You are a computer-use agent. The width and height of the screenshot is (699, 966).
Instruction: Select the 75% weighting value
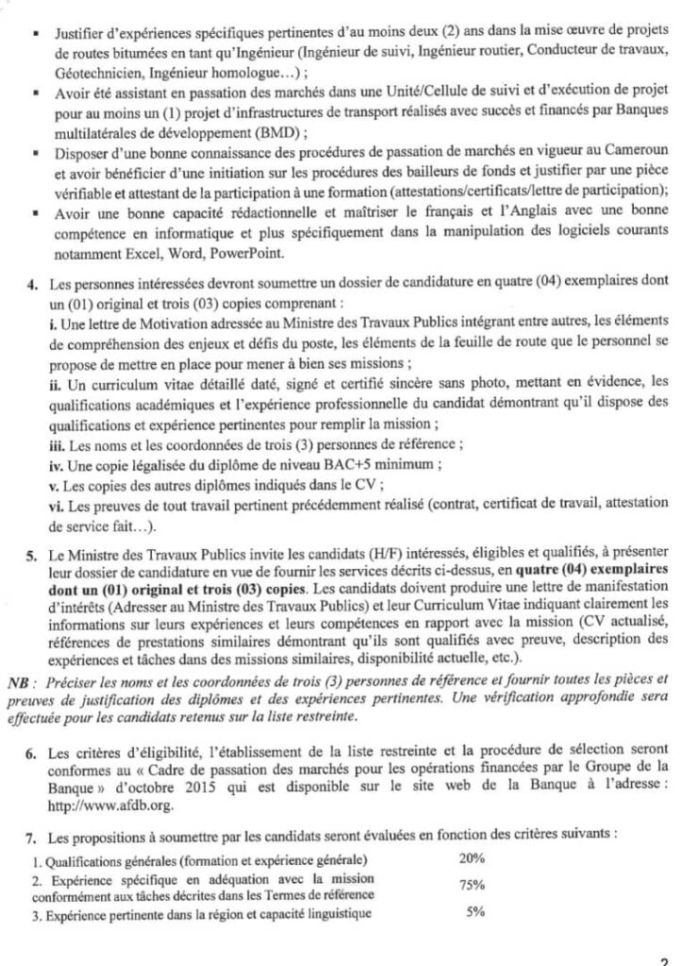pyautogui.click(x=473, y=885)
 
